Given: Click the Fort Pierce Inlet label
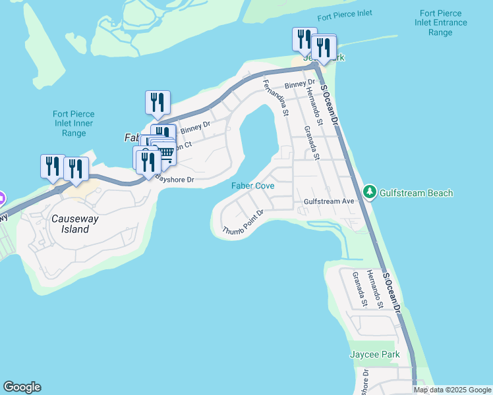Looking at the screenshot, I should coord(344,14).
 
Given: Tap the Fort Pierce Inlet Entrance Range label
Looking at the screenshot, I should coord(443,22).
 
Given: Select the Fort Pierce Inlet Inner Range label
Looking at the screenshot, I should coord(74,123).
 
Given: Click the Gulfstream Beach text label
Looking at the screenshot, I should coord(415,193).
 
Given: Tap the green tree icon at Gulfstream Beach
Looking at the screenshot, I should coord(370,192).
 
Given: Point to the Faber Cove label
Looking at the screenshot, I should coord(252,186).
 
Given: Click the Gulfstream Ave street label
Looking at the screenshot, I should coord(330,202).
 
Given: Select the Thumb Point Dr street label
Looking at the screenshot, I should coord(243,222).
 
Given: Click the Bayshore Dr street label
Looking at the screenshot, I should coord(175,179).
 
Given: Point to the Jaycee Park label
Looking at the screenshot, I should coord(374,354).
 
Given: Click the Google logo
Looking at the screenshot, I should coord(22,387).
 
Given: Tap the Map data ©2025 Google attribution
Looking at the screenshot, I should coord(452,390).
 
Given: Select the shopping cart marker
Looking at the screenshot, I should coord(165,154).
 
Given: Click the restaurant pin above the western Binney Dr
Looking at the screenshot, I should coord(158,103).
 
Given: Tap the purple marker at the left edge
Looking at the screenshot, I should coord(1,197).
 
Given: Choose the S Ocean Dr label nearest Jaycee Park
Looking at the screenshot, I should coord(391,292).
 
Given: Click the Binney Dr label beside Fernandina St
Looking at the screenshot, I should coord(299,84).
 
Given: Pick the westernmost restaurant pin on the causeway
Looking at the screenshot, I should coord(53,167).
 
